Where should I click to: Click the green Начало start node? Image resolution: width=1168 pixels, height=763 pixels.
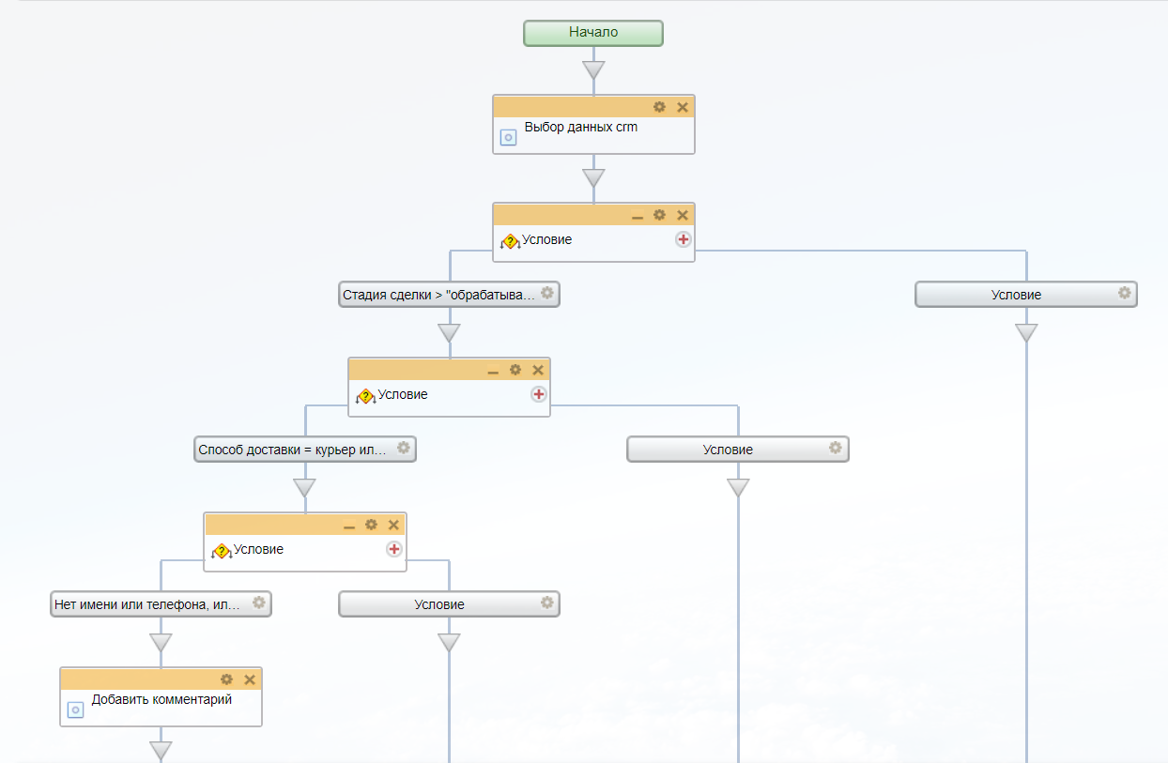(x=593, y=33)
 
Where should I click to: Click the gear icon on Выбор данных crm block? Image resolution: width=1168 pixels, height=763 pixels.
(x=659, y=107)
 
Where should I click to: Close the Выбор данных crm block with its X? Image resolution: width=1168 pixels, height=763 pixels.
(x=683, y=107)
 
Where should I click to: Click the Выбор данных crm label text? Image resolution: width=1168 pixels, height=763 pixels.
(x=580, y=127)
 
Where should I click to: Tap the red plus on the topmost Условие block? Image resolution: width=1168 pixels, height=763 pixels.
(x=683, y=239)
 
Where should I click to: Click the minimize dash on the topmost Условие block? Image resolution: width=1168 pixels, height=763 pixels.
(x=638, y=216)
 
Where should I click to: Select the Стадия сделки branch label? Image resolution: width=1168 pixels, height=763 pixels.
(x=438, y=295)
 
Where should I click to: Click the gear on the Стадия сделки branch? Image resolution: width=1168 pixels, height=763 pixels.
(x=547, y=294)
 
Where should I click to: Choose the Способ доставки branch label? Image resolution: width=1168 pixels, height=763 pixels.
(x=293, y=450)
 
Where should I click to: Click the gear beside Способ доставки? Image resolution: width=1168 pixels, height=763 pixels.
(x=403, y=449)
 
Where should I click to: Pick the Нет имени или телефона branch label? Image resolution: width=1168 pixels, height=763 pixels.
(x=147, y=604)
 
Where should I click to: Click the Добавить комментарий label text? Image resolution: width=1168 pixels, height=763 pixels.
(x=161, y=699)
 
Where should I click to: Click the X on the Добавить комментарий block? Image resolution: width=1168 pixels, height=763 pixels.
(x=250, y=679)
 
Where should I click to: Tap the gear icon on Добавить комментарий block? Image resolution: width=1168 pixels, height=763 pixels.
(x=226, y=679)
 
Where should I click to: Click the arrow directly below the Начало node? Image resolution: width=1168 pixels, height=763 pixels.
(x=593, y=70)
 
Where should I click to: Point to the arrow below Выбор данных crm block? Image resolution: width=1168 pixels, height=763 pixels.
(x=593, y=177)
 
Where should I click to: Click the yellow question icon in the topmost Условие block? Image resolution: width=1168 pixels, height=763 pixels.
(x=510, y=241)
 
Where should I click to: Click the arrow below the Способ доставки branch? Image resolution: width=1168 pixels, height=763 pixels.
(x=304, y=488)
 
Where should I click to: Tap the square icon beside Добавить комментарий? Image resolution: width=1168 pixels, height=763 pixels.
(x=76, y=710)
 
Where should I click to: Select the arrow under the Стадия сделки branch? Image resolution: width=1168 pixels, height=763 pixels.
(x=449, y=333)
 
